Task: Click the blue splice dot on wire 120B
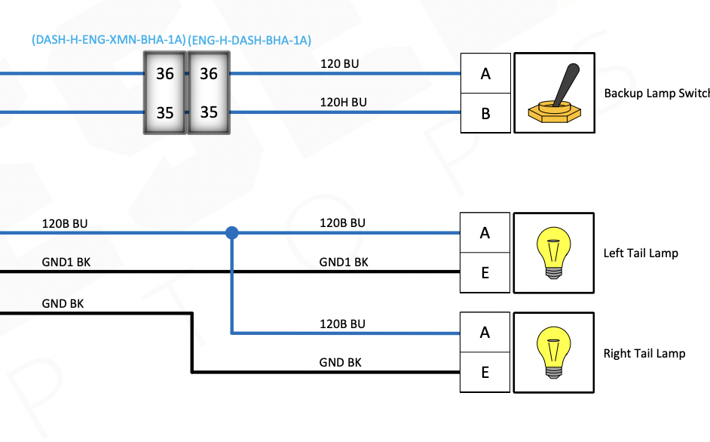[232, 233]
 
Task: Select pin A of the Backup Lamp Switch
[485, 74]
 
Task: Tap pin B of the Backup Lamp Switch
[485, 114]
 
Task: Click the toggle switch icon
[554, 94]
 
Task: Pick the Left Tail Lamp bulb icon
[554, 253]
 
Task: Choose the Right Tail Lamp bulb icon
[554, 352]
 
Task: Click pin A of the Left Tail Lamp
[485, 233]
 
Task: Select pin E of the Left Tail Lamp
[485, 272]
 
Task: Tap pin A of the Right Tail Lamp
[485, 333]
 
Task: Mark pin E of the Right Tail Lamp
[485, 372]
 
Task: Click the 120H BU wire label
[343, 103]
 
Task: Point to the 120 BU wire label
[339, 64]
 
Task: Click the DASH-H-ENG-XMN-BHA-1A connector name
[109, 40]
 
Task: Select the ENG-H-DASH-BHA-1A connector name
[249, 40]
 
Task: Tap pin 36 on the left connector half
[164, 74]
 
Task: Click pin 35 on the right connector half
[208, 112]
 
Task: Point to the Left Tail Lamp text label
[641, 253]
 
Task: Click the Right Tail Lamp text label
[644, 353]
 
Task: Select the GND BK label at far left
[63, 303]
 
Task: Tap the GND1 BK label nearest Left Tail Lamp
[344, 262]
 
